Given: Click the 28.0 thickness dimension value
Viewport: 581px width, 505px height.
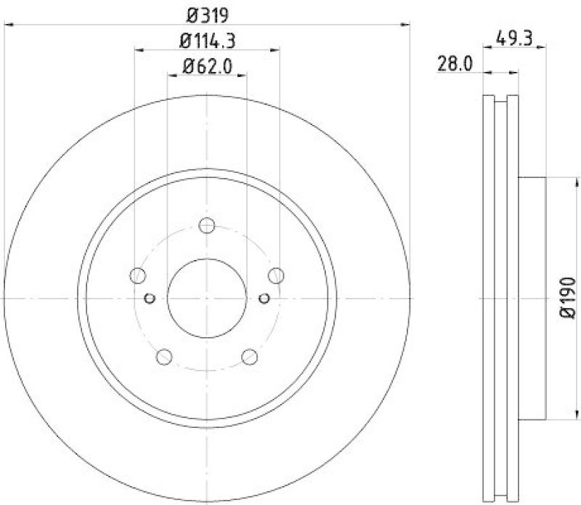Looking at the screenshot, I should (x=455, y=64).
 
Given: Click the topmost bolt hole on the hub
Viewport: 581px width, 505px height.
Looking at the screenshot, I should (x=207, y=225).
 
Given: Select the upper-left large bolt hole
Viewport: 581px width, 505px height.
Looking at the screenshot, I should (x=137, y=275).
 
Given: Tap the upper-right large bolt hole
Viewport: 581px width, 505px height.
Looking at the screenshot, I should (x=276, y=275).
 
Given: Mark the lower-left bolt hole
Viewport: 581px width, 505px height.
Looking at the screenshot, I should (x=164, y=356).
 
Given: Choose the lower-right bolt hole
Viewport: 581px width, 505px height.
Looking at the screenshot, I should (x=250, y=356).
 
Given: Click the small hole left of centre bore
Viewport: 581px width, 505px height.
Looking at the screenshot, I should (x=150, y=297).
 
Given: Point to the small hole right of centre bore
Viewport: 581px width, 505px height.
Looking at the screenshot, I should (x=264, y=297).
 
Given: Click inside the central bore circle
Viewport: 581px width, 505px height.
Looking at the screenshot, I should (x=207, y=298).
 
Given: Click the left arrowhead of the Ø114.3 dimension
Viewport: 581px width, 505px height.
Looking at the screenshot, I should (x=139, y=49).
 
